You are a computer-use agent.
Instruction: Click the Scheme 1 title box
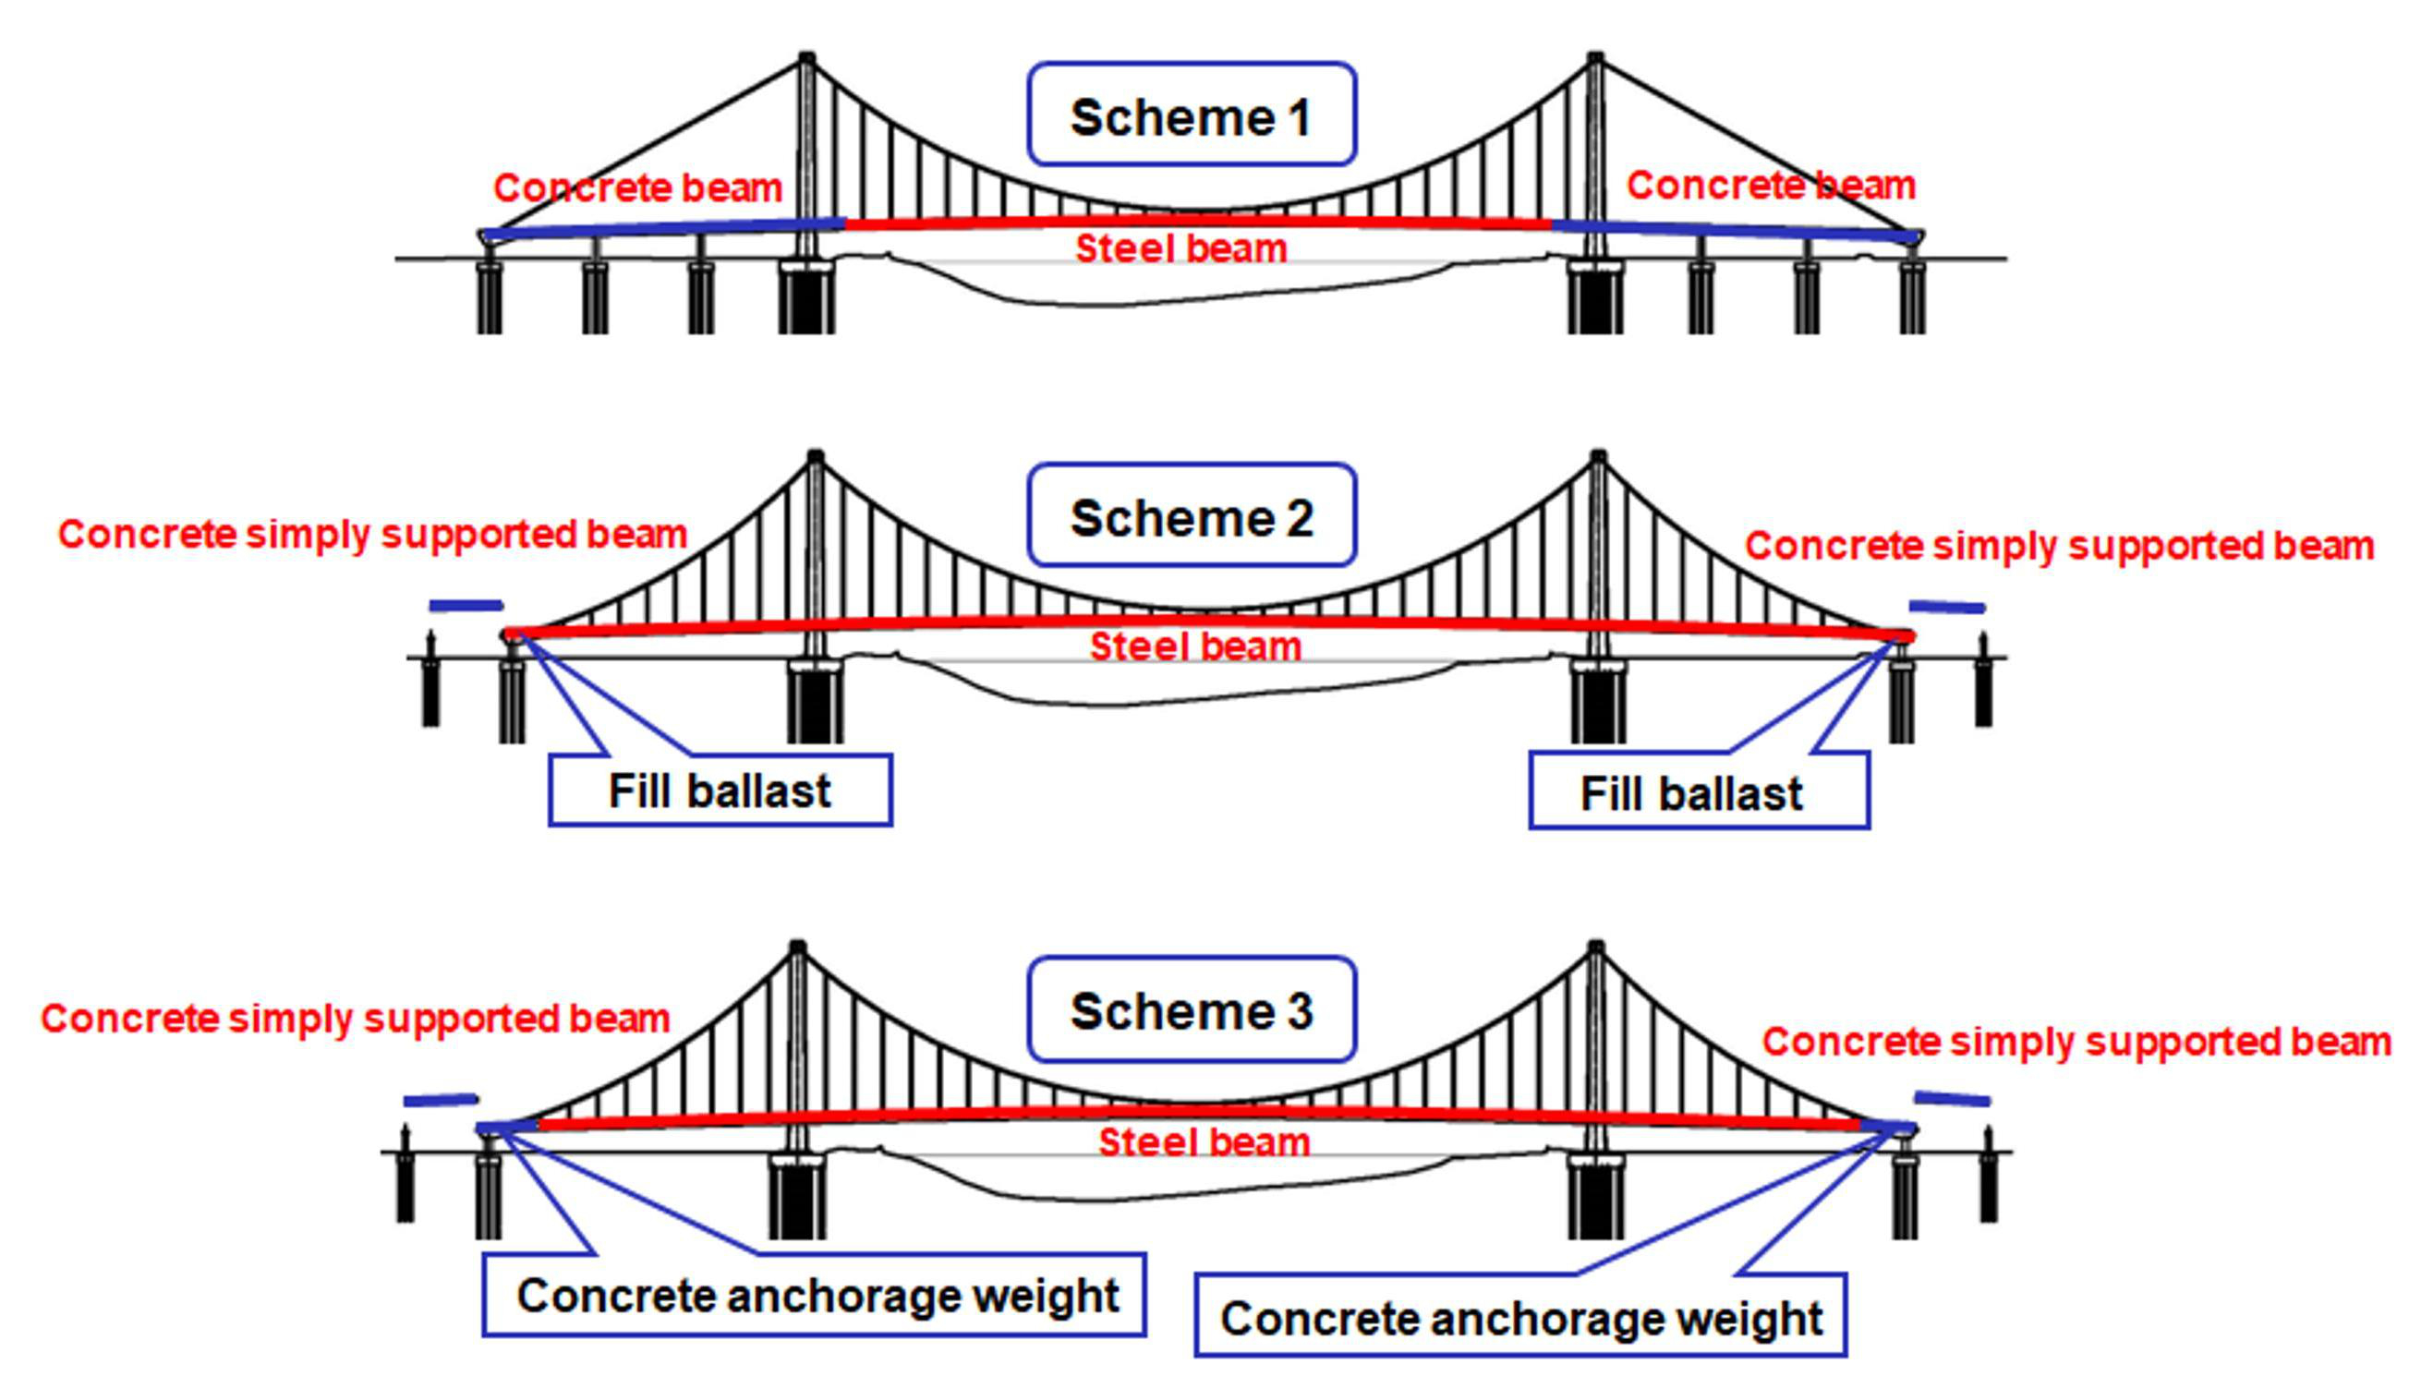(x=1191, y=115)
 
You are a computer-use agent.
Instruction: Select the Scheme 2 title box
(x=1191, y=515)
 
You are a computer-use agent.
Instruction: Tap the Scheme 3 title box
(x=1191, y=1009)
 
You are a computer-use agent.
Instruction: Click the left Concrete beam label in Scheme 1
(x=637, y=187)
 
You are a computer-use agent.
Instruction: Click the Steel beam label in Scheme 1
(x=1181, y=248)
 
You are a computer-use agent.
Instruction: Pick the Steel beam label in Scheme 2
(x=1195, y=646)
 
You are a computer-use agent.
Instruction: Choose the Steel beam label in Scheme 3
(x=1204, y=1142)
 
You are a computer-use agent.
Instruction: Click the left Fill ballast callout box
(x=720, y=791)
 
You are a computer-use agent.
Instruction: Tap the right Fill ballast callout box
(x=1699, y=792)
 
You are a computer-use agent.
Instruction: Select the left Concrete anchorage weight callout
(x=814, y=1295)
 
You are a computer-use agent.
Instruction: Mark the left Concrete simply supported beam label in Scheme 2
(x=373, y=534)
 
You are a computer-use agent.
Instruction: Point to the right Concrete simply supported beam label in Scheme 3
(x=2076, y=1041)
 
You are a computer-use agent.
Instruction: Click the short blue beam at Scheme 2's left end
(x=466, y=605)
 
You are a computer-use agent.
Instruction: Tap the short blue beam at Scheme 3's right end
(x=1952, y=1099)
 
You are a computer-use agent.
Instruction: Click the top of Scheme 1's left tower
(x=806, y=59)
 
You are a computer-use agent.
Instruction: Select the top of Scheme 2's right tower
(x=1599, y=457)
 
